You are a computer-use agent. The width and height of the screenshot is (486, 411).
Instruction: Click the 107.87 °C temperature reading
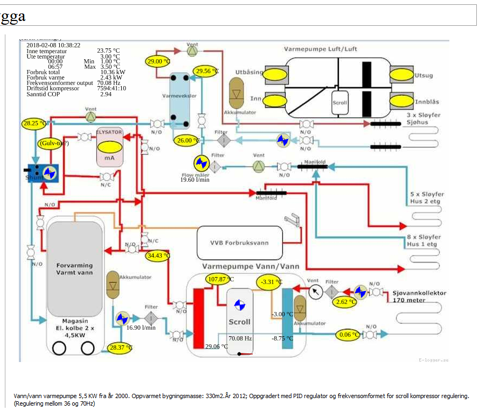coord(219,279)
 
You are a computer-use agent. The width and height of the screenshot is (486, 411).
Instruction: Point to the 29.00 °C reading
coord(157,61)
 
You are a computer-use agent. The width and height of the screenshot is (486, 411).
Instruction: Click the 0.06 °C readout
coord(349,335)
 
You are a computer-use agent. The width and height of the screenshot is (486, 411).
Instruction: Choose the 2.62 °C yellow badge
coord(345,302)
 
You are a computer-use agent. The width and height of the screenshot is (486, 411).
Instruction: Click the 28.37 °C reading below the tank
coord(120,348)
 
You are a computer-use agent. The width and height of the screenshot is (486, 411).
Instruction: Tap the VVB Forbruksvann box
coord(239,243)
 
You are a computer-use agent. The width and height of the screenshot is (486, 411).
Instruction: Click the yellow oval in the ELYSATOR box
coord(109,146)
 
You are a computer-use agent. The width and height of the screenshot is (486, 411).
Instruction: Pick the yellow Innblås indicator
coord(401,100)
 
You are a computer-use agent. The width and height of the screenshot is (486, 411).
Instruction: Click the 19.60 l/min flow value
coord(195,179)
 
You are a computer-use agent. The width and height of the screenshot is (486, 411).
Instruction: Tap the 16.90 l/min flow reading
coord(141,327)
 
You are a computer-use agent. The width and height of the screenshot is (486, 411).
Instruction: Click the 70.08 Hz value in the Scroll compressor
coord(240,338)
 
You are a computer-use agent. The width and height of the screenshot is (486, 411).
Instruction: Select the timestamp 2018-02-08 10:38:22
coord(53,45)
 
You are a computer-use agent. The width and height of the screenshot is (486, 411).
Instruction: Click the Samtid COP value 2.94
coord(106,94)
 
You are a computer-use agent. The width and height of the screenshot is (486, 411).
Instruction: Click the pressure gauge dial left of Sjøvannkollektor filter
coord(316,292)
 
